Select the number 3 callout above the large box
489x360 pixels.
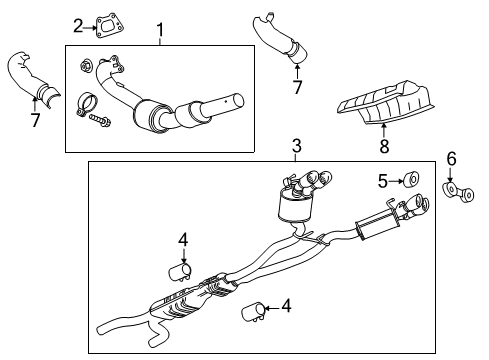[296, 148]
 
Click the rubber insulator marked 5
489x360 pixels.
[410, 181]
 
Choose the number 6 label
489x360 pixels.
[451, 158]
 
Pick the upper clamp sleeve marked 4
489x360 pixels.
[181, 271]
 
